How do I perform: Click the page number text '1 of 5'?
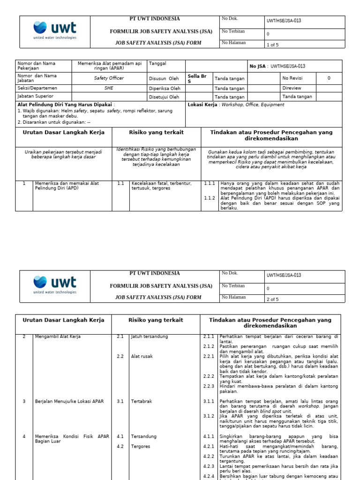pyautogui.click(x=272, y=45)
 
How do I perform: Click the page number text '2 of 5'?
pyautogui.click(x=272, y=300)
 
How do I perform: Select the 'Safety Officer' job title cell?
pyautogui.click(x=109, y=78)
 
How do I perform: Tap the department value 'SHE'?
pyautogui.click(x=109, y=88)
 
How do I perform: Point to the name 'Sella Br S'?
pyautogui.click(x=196, y=78)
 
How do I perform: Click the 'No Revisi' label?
pyautogui.click(x=292, y=78)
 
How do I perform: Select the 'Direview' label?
pyautogui.click(x=292, y=88)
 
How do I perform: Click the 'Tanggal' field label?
pyautogui.click(x=157, y=63)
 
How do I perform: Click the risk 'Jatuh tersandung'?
pyautogui.click(x=149, y=337)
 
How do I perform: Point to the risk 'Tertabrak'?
pyautogui.click(x=141, y=401)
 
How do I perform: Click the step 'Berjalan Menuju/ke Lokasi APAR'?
pyautogui.click(x=69, y=401)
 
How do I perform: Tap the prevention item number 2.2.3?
pyautogui.click(x=209, y=386)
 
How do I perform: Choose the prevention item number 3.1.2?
pyautogui.click(x=209, y=416)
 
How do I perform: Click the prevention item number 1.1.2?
pyautogui.click(x=209, y=198)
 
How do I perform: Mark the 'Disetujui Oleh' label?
pyautogui.click(x=164, y=97)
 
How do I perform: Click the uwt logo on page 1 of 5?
pyautogui.click(x=55, y=29)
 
